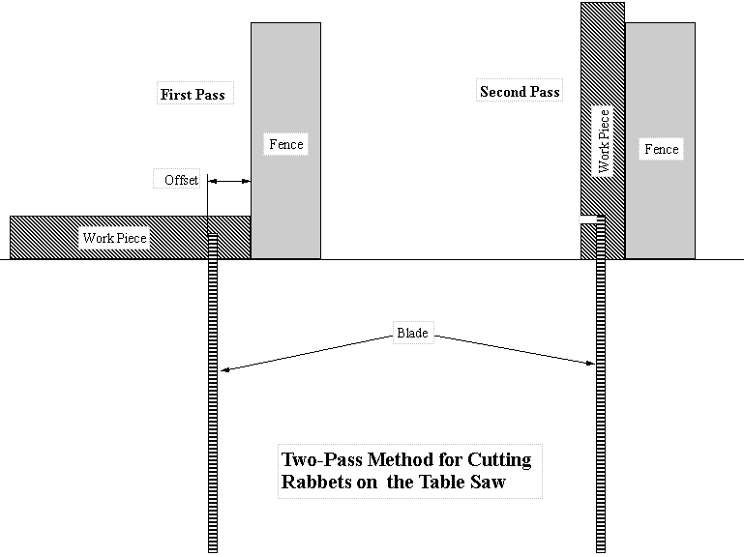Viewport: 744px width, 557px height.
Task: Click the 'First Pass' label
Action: (192, 95)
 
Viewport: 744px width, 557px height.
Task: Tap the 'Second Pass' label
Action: (519, 92)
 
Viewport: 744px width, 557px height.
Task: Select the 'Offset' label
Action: (181, 180)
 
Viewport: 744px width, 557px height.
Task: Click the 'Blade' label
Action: (412, 334)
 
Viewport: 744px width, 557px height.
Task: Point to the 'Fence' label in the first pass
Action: (285, 144)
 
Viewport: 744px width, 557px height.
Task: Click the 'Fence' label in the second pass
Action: (662, 149)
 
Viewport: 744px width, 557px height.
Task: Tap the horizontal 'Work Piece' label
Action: (114, 238)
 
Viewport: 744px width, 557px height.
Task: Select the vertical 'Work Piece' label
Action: (604, 141)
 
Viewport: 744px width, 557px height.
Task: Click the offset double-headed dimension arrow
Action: (230, 180)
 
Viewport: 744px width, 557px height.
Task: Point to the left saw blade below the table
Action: (213, 435)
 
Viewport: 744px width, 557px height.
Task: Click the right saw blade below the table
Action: (598, 435)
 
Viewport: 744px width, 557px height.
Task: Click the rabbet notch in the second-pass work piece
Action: (586, 220)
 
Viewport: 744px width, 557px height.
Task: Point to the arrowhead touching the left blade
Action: (223, 368)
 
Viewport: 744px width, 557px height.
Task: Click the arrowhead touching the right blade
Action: (588, 363)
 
